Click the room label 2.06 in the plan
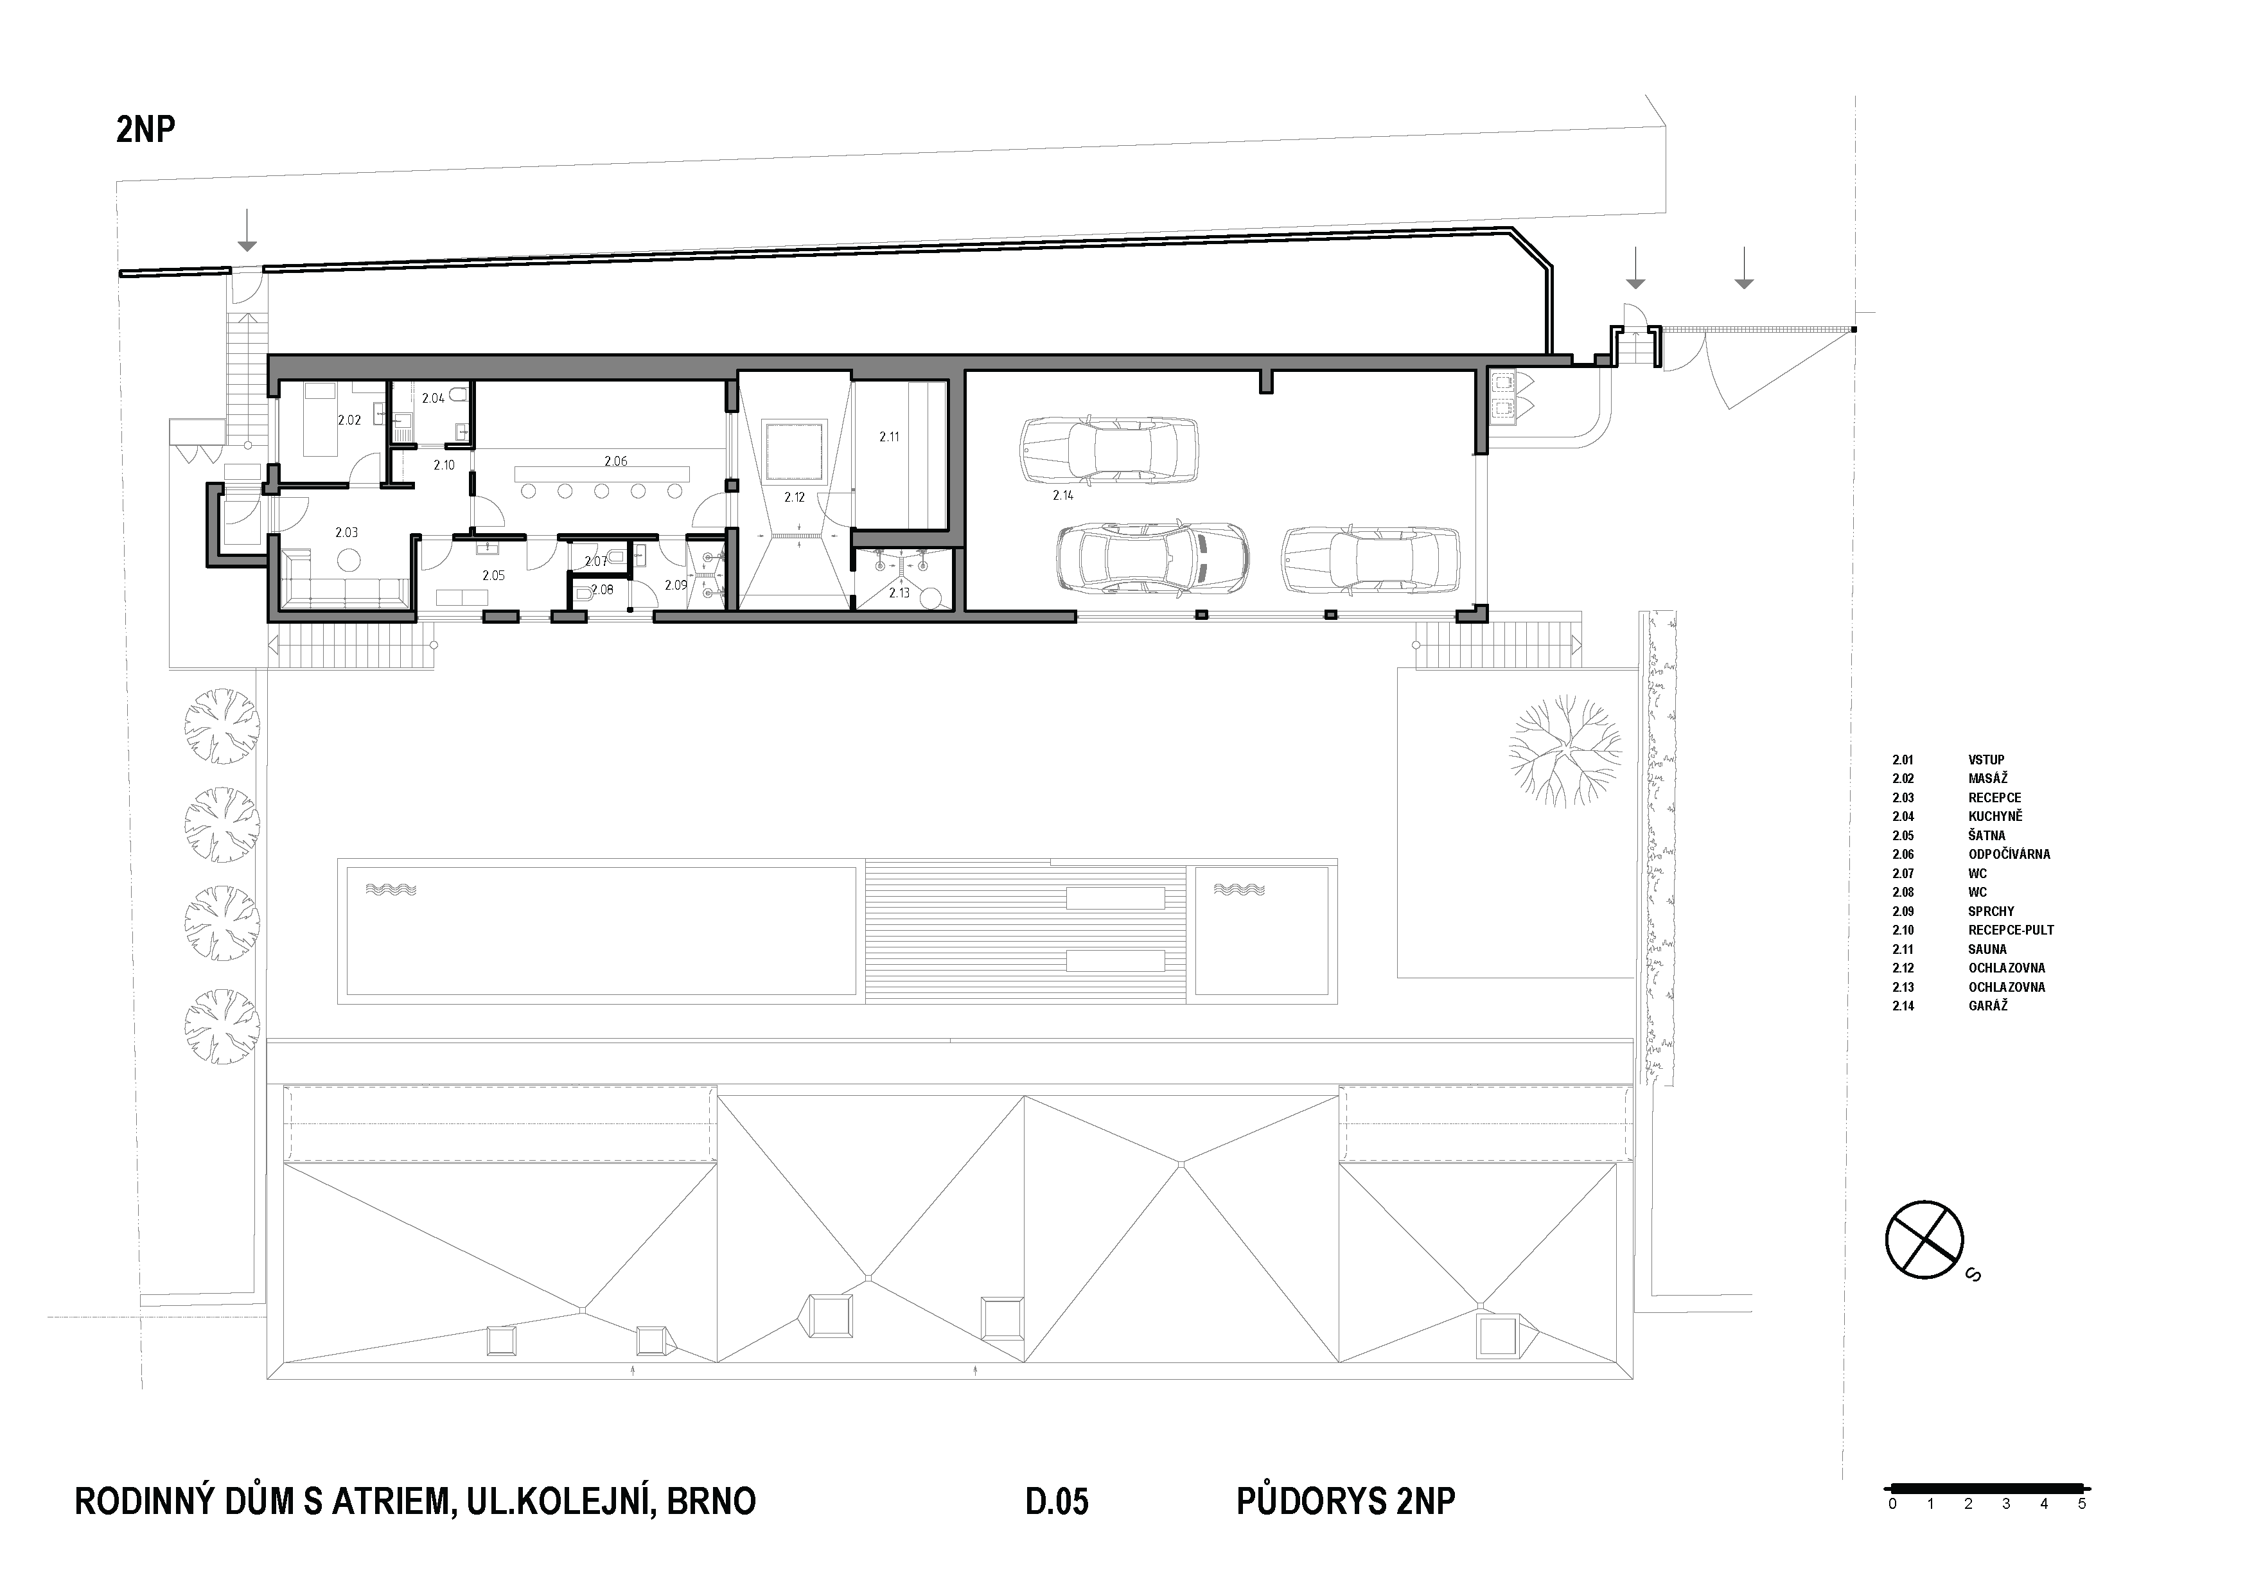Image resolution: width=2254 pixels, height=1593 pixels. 615,461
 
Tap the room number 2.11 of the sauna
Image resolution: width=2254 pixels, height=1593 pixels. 890,437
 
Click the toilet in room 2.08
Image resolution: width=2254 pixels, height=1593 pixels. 582,593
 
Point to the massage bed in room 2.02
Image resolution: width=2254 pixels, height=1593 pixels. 321,419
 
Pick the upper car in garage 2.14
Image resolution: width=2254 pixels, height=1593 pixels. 1111,450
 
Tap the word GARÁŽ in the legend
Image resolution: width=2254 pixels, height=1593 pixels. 1988,1006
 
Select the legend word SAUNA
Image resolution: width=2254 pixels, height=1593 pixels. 1988,949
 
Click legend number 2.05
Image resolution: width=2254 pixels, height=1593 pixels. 1903,835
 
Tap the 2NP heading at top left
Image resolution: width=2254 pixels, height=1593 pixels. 146,130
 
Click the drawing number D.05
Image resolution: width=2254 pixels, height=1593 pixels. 1057,1502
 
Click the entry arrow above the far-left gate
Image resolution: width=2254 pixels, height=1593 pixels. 247,230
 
